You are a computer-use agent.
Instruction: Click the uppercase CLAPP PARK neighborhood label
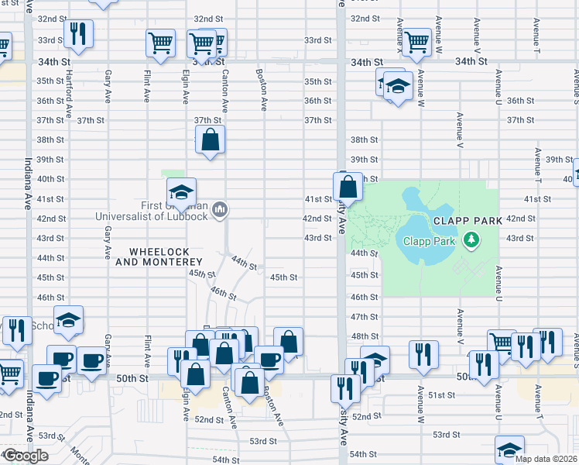click(x=462, y=220)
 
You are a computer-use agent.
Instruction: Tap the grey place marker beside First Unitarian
click(x=219, y=208)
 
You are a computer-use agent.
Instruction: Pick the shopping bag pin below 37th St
click(x=210, y=140)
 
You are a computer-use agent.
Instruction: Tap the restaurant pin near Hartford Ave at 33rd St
click(x=77, y=33)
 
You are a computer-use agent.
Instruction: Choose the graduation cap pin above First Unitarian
click(x=181, y=192)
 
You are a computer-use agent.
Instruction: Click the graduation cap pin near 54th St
click(x=509, y=449)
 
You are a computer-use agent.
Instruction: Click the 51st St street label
click(x=443, y=395)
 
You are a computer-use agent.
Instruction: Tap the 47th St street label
click(x=364, y=317)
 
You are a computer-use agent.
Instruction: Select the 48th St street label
click(x=364, y=336)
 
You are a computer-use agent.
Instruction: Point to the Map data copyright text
click(x=546, y=459)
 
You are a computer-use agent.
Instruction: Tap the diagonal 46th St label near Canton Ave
click(x=223, y=294)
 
